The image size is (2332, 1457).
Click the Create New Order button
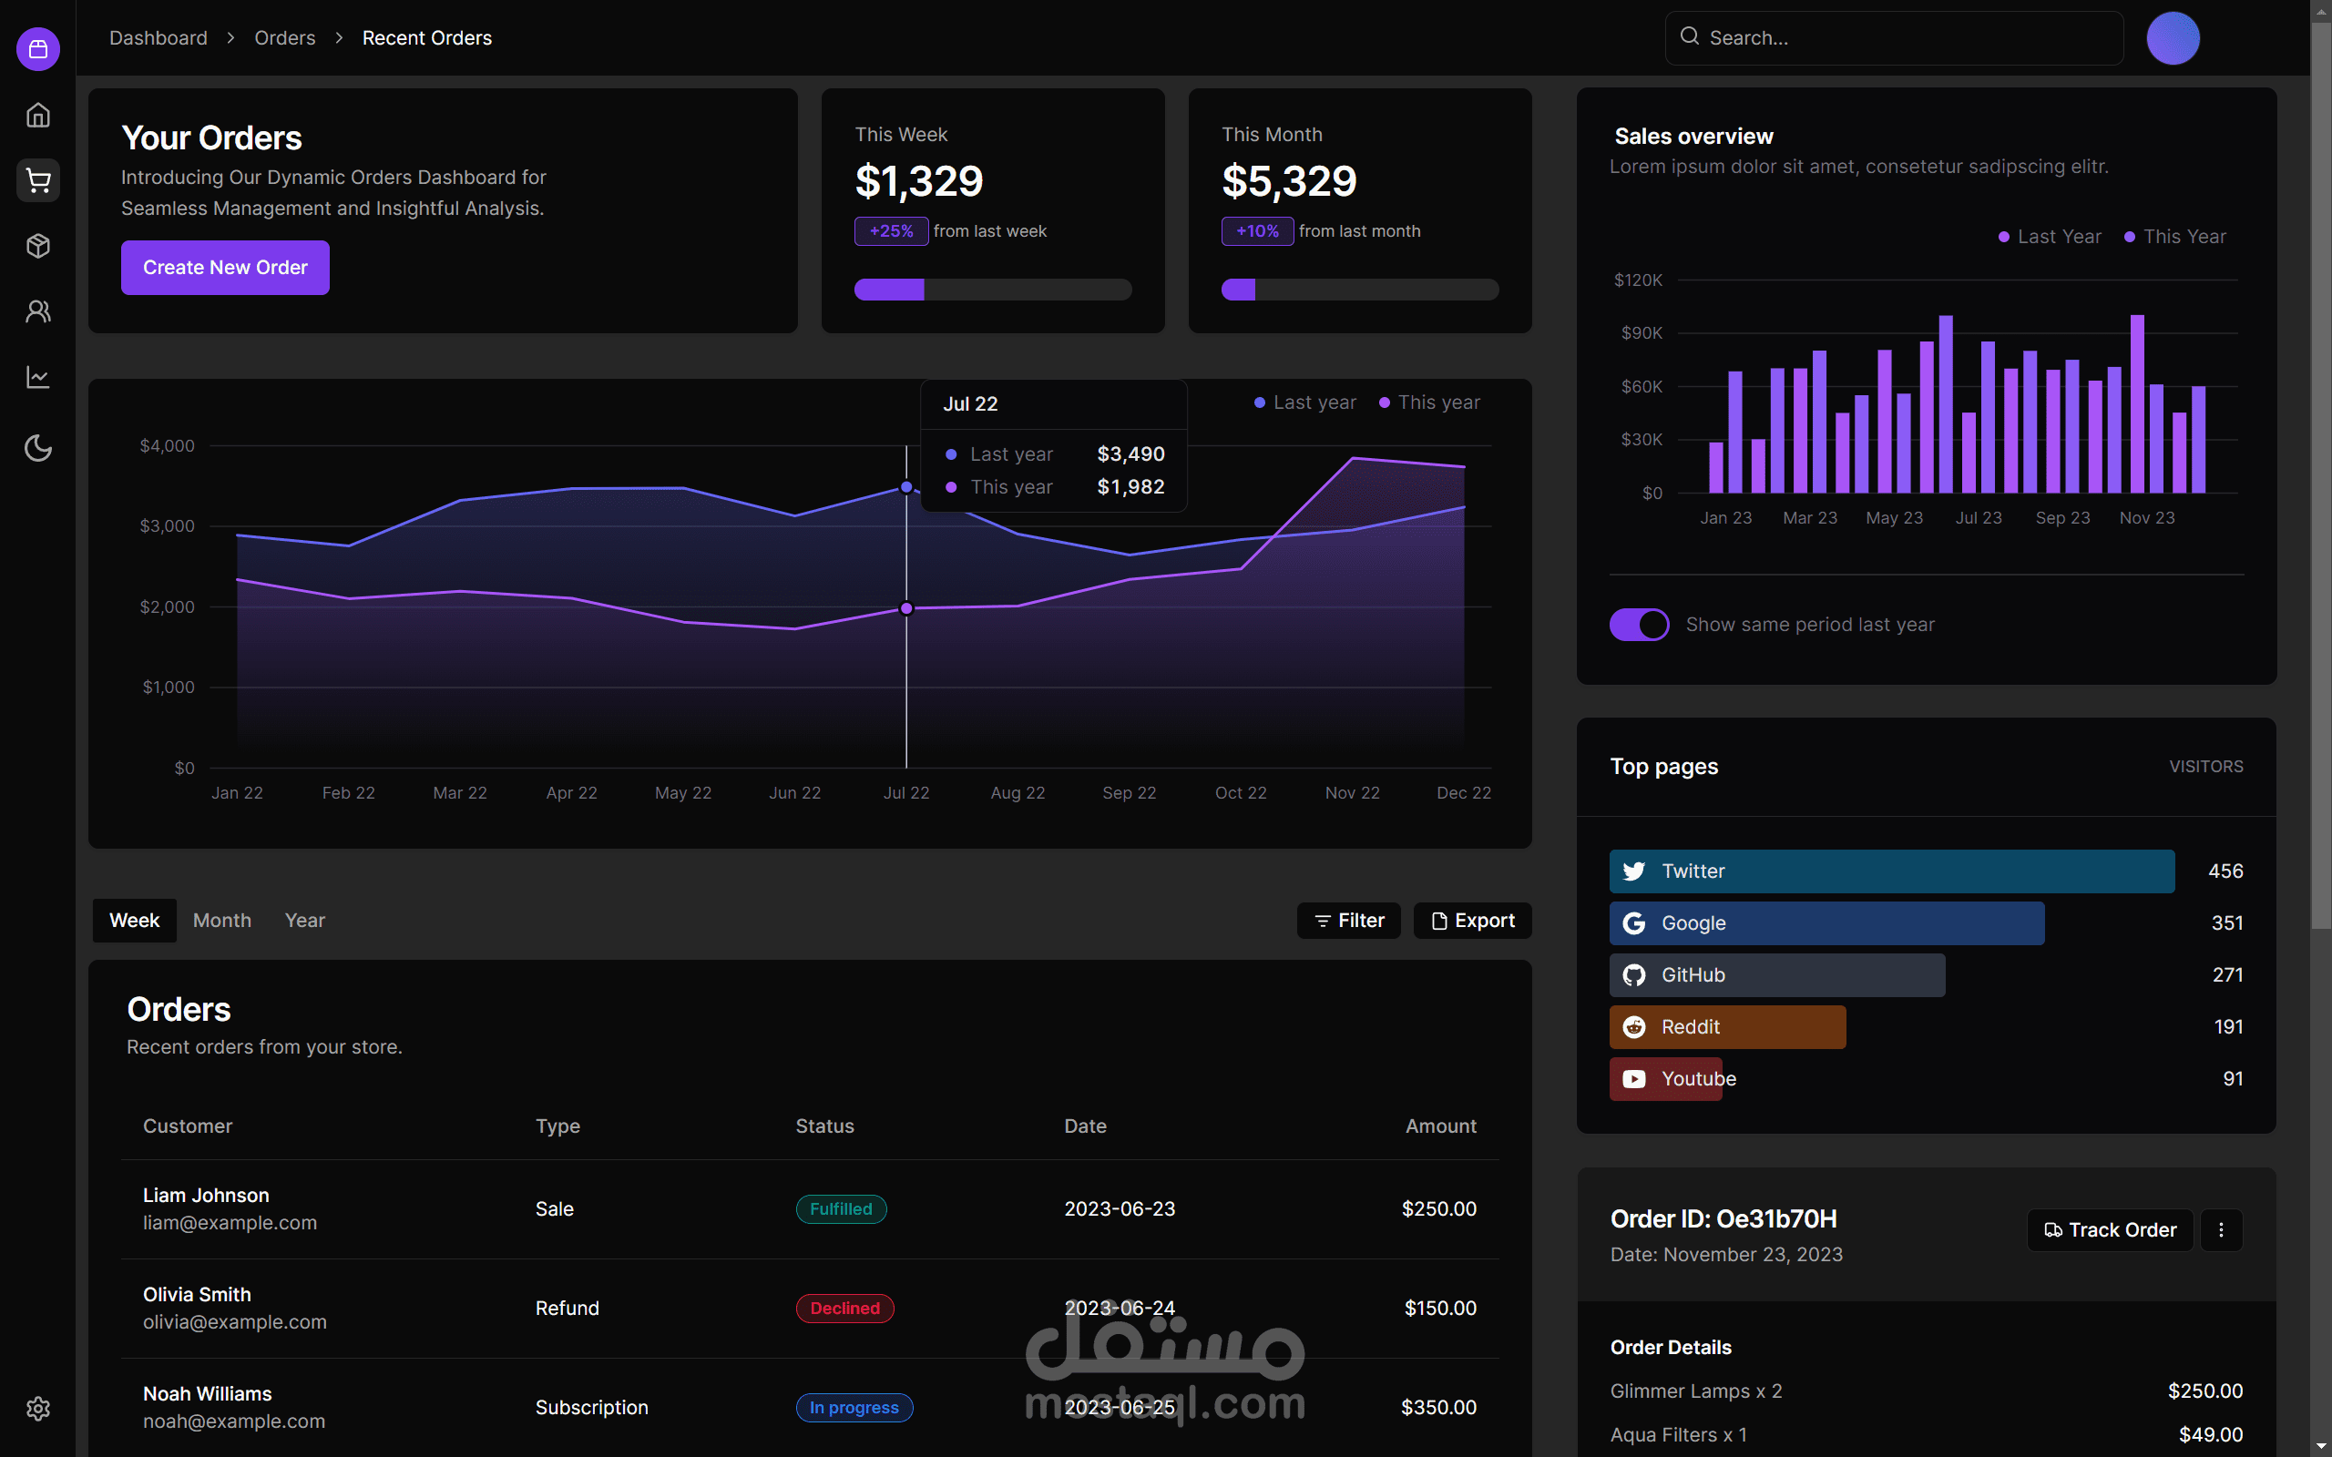click(224, 267)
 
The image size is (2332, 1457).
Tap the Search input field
click(1894, 37)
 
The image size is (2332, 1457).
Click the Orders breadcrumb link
click(284, 37)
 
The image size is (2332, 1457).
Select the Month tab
click(221, 921)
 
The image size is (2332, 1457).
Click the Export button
click(1472, 921)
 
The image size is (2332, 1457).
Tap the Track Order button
click(2111, 1229)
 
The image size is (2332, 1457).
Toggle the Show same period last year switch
click(1639, 625)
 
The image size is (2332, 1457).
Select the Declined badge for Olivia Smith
click(845, 1308)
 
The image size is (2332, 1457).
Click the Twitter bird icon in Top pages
click(1634, 871)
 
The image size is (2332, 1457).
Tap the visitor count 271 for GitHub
click(2227, 975)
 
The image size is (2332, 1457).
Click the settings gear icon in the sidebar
click(38, 1409)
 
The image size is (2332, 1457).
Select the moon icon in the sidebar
click(38, 448)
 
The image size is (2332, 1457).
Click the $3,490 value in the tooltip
click(1131, 453)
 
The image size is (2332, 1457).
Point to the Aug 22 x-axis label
click(1018, 793)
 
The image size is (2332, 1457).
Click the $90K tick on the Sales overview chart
click(1642, 333)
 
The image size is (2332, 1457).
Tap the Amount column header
click(1440, 1126)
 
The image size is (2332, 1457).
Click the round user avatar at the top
click(2173, 38)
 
